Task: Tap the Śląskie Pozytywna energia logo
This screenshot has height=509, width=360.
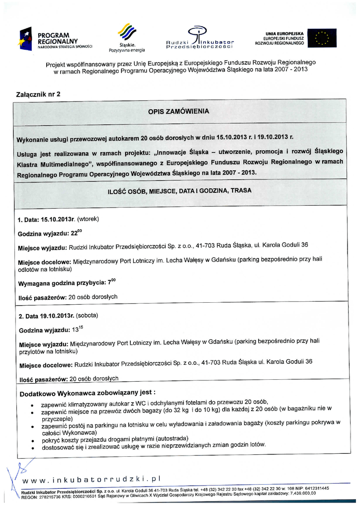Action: click(x=126, y=38)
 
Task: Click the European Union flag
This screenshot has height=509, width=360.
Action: click(x=321, y=38)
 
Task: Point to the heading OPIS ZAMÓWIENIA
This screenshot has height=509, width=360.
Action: click(x=179, y=112)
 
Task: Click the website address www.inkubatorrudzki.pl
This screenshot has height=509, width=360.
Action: click(x=92, y=479)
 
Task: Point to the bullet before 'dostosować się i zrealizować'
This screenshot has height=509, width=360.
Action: click(x=32, y=448)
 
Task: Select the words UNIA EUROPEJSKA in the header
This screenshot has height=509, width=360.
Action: click(x=285, y=33)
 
